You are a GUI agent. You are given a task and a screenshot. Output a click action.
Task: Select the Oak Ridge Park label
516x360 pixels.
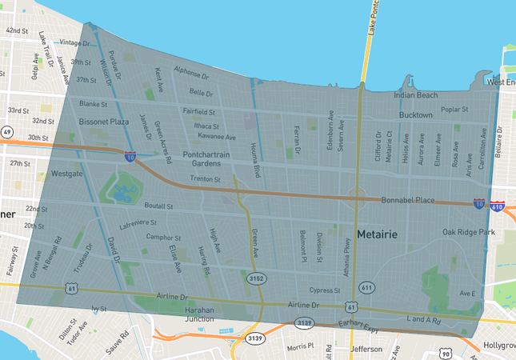(x=470, y=232)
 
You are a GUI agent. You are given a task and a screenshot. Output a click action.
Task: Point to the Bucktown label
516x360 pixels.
(x=415, y=115)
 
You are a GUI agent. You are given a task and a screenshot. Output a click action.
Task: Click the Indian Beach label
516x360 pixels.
(x=415, y=95)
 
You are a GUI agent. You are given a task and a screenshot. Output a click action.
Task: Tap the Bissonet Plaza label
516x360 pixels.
(x=103, y=122)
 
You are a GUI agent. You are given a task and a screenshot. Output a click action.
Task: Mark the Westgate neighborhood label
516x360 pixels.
(x=66, y=173)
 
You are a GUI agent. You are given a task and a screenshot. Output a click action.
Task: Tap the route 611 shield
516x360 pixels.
(x=366, y=286)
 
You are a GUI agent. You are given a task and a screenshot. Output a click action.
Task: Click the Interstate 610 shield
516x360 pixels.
(x=498, y=206)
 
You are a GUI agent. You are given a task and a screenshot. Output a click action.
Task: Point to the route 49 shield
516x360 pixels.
(x=7, y=132)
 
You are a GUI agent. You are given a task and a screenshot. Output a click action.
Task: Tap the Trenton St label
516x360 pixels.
(x=205, y=179)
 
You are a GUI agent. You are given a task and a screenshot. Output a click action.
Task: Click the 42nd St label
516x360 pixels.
(x=18, y=31)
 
